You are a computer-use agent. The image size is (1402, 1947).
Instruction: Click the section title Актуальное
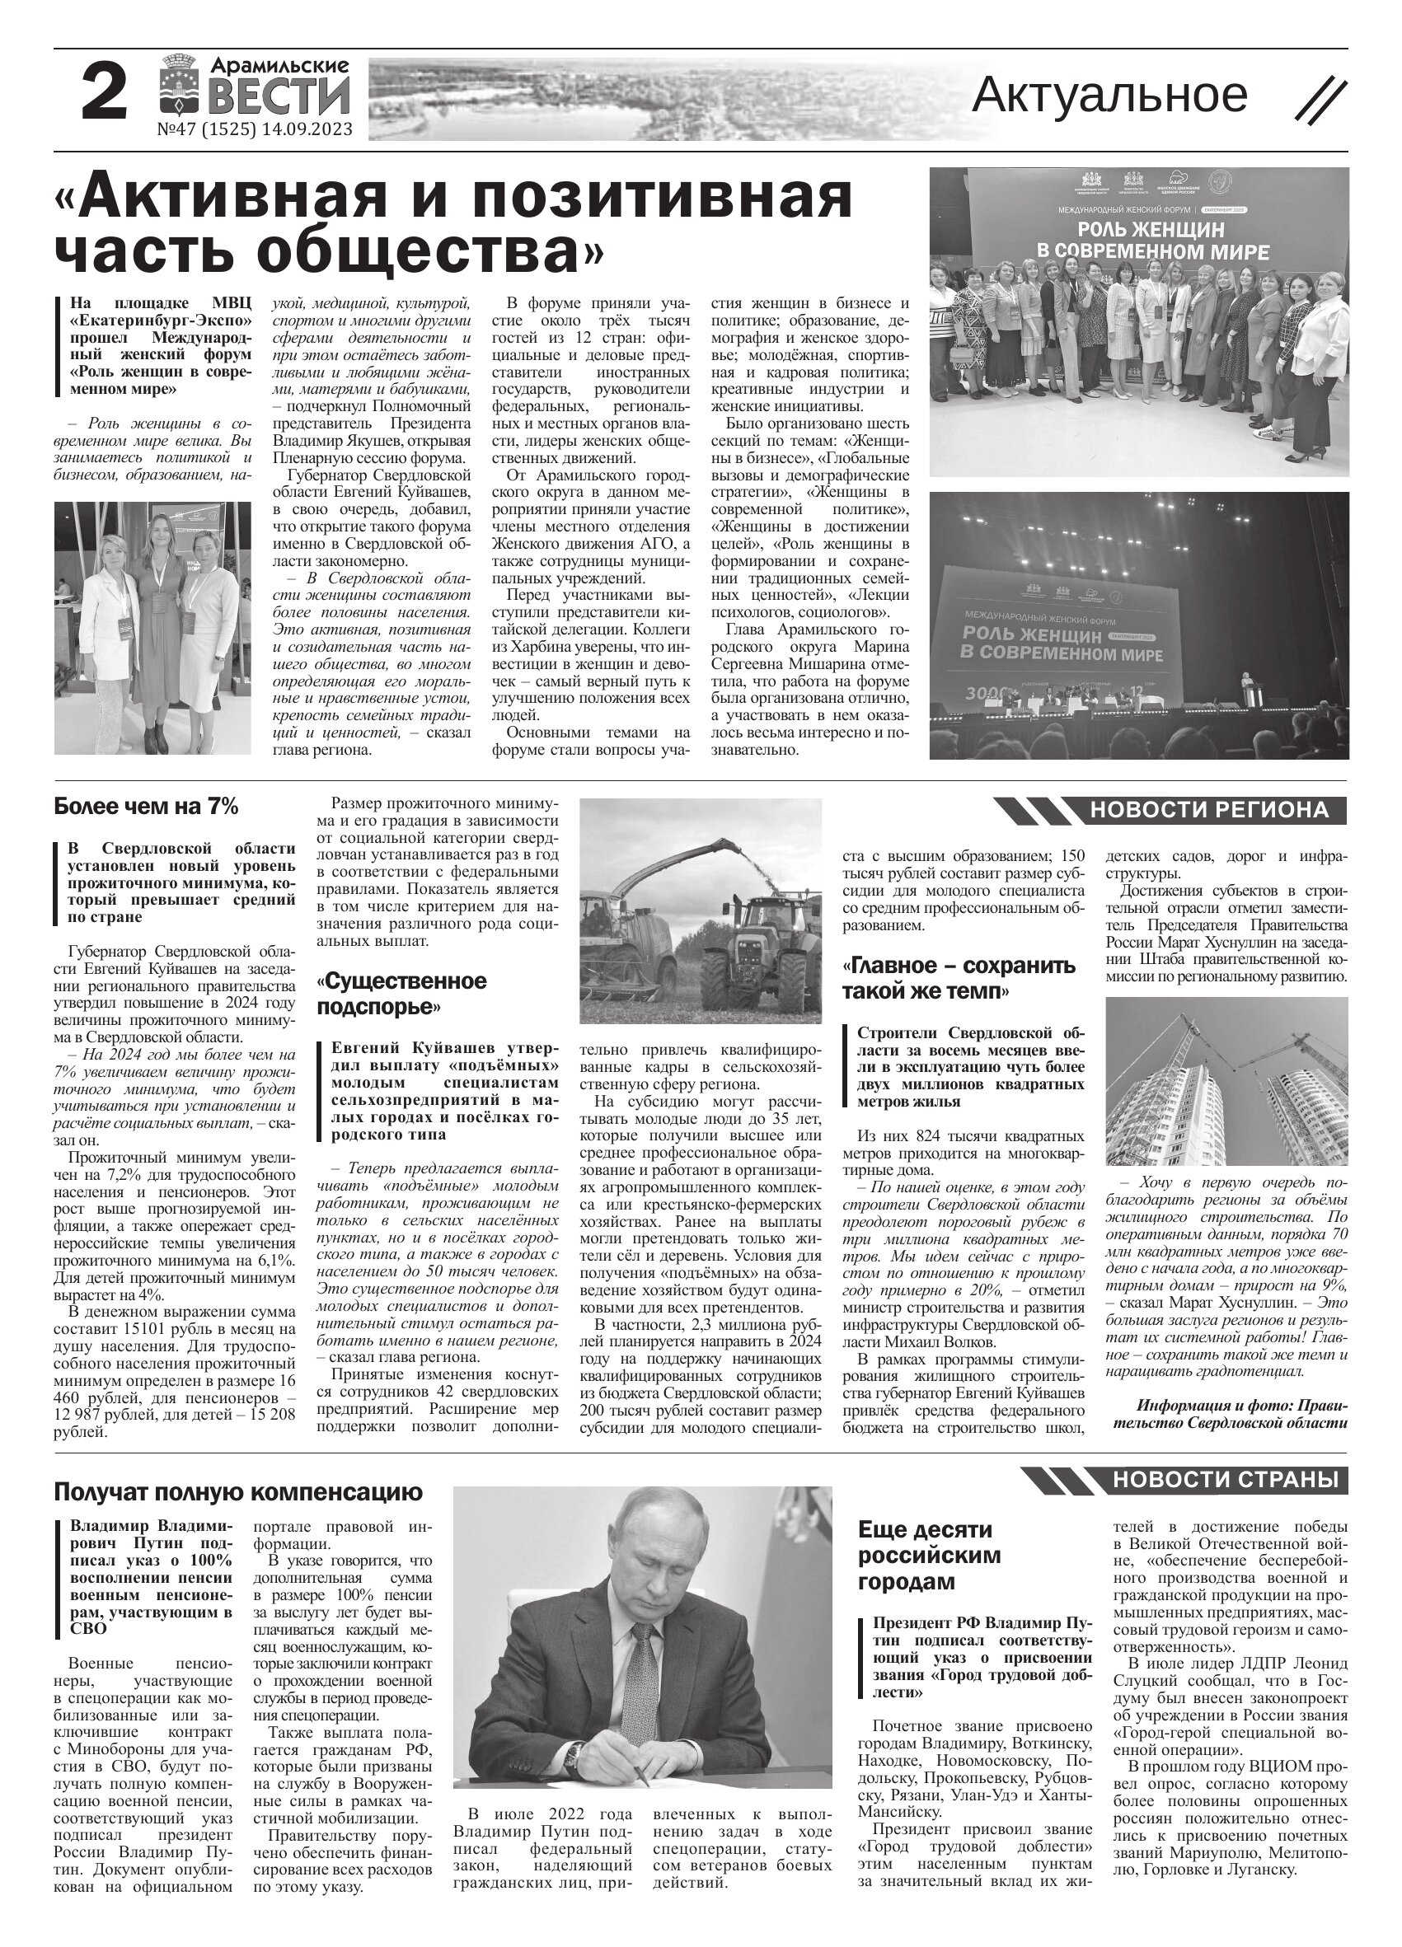1109,96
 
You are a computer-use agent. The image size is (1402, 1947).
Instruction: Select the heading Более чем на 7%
145,807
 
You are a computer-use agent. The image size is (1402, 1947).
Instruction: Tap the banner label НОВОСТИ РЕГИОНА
1208,809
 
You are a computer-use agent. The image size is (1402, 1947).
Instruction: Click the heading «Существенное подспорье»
401,993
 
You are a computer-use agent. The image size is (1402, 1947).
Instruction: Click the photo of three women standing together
152,628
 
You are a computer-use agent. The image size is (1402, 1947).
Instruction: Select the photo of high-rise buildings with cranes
1225,1080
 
